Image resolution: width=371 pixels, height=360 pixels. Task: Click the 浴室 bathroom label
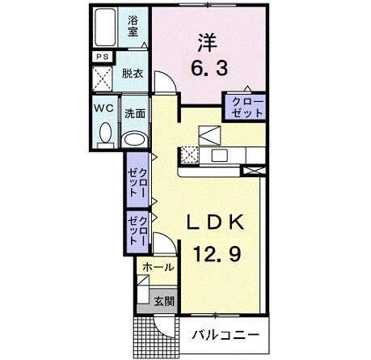(134, 25)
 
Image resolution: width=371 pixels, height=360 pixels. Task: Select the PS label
(102, 57)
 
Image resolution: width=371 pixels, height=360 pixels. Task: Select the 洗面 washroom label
(133, 113)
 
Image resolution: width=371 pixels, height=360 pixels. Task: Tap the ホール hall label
(157, 265)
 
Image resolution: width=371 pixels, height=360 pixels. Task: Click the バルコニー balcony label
(226, 334)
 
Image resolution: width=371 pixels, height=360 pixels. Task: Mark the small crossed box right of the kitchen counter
(255, 171)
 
